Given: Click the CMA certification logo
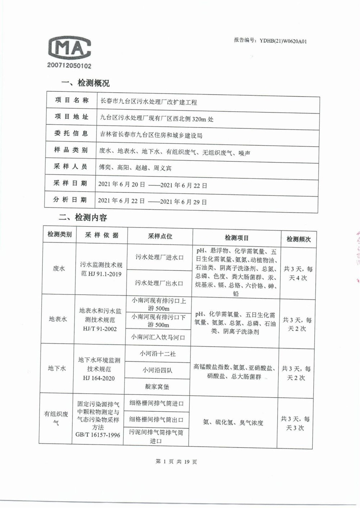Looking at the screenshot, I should (69, 48).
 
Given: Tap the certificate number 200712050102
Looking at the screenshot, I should (69, 66).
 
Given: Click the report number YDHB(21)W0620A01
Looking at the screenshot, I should (270, 41).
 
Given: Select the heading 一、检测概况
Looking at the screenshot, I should (85, 83).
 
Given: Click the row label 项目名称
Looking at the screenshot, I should (72, 100).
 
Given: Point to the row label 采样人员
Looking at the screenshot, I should (71, 166).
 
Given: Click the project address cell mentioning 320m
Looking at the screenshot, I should (157, 118).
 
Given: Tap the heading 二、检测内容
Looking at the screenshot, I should (83, 217).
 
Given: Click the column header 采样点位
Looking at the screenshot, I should (160, 236).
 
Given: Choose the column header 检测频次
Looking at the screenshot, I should (298, 239).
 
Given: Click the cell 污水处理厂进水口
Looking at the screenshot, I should (159, 257).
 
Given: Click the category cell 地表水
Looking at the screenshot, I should (58, 319).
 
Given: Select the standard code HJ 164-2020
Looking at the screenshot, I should (99, 378).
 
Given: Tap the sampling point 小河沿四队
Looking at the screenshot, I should (157, 370).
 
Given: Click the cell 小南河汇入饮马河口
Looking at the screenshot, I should (158, 337).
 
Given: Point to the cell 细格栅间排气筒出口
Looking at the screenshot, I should (157, 419).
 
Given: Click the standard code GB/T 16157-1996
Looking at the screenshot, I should (98, 435).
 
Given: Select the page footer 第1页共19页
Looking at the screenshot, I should (176, 462).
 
